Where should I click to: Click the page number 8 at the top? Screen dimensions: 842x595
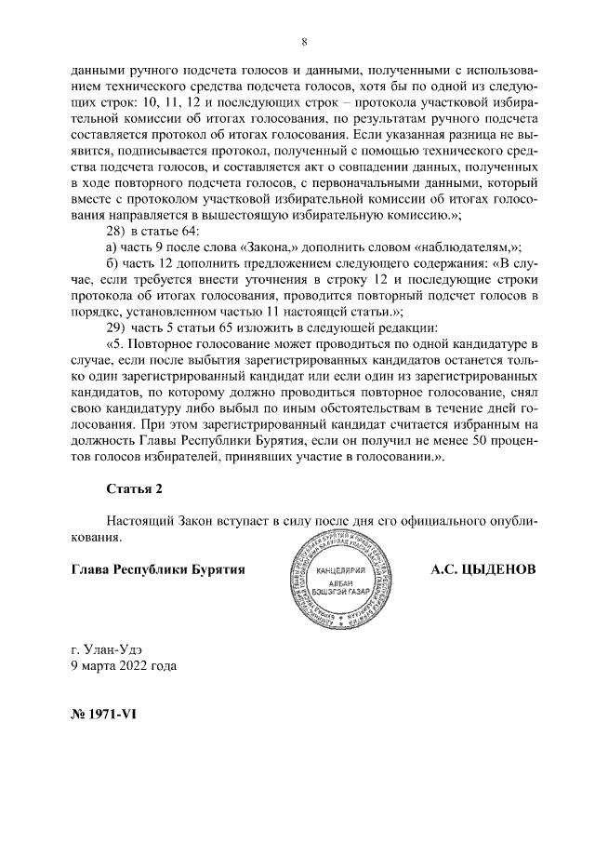point(304,41)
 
